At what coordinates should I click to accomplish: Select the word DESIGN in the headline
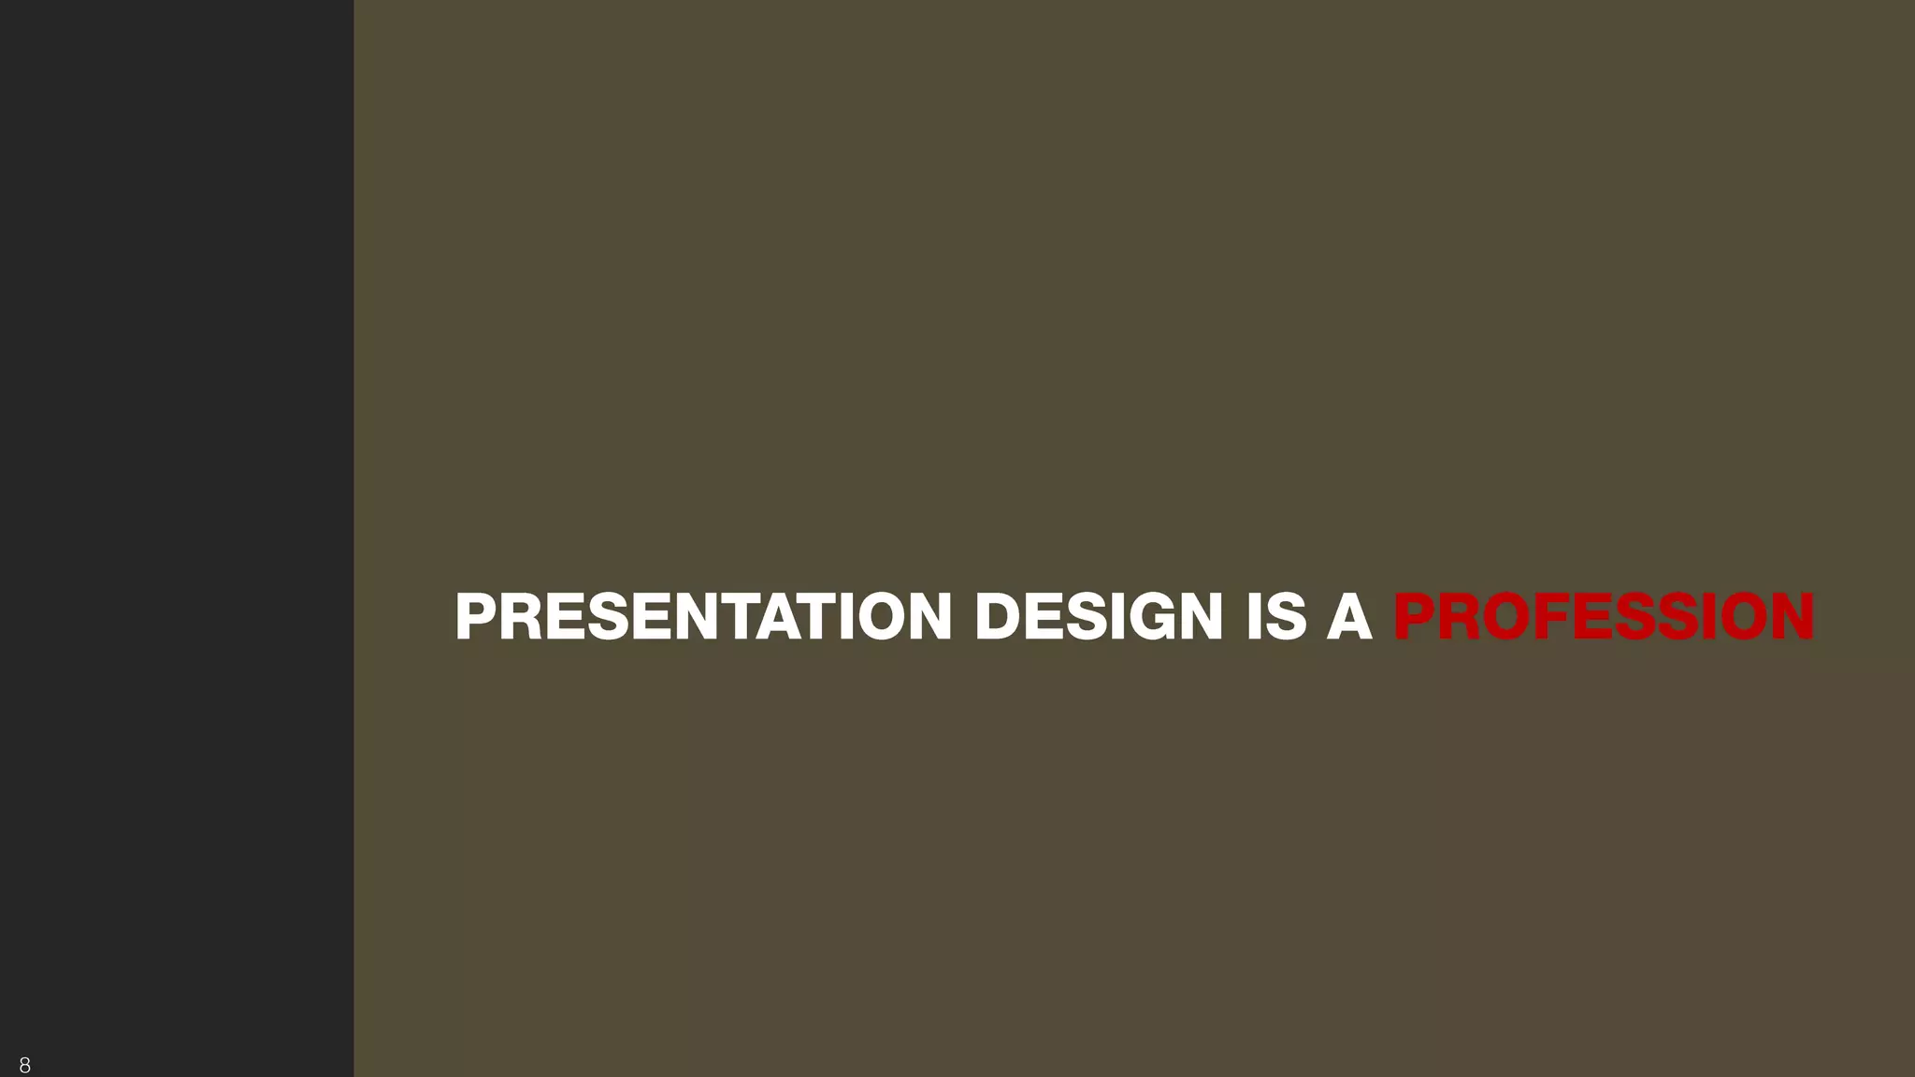pos(1098,617)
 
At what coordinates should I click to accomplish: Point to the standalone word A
pos(1349,617)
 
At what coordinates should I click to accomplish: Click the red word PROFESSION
pos(1604,617)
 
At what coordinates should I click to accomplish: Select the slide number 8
pos(24,1065)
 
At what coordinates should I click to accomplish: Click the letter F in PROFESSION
pos(1550,617)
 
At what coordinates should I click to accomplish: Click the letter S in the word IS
pos(1287,617)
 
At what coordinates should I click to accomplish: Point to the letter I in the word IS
pos(1254,617)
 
